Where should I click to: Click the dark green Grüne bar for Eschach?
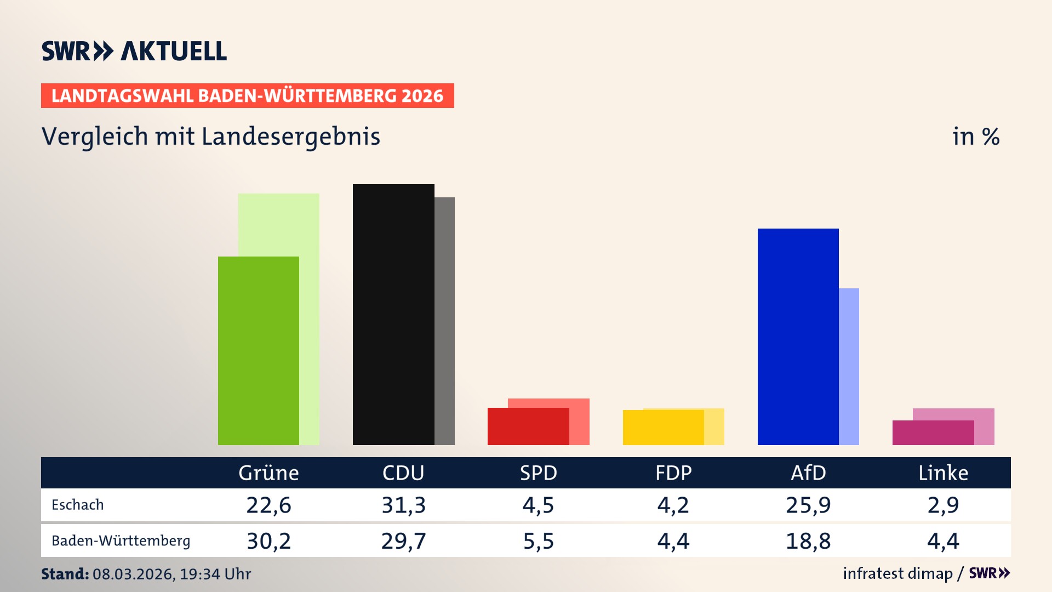click(x=258, y=351)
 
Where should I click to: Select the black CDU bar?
click(x=393, y=315)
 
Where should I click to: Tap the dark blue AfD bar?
click(x=798, y=337)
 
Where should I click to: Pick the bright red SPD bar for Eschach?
click(x=528, y=426)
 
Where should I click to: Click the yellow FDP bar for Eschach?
click(x=663, y=428)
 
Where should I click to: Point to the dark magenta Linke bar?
click(x=933, y=433)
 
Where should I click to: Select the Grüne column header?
click(x=268, y=473)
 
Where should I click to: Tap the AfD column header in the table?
click(x=808, y=473)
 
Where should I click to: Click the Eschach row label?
click(x=77, y=505)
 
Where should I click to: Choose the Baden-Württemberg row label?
click(x=121, y=541)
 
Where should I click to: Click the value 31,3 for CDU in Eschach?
click(x=403, y=505)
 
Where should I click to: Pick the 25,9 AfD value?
click(x=808, y=505)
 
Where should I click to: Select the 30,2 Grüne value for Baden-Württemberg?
click(x=268, y=541)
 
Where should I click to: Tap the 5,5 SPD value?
click(x=538, y=541)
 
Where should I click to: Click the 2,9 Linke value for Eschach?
click(x=943, y=505)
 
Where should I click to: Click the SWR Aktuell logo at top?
click(x=134, y=51)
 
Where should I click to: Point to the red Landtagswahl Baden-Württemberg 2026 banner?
click(x=247, y=96)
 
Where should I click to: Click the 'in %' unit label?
click(x=975, y=137)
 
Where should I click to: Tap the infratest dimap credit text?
click(x=897, y=573)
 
